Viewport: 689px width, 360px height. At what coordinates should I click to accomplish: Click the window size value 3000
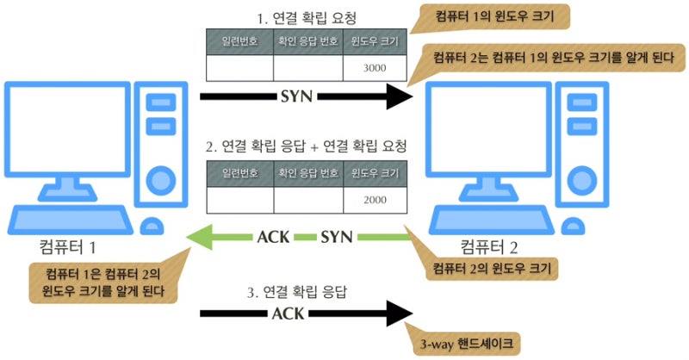(x=375, y=68)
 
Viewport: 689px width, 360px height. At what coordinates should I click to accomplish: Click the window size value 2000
(x=375, y=200)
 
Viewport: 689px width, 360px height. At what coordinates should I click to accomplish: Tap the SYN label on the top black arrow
(x=296, y=96)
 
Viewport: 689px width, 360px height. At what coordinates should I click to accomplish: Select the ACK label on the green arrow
(x=273, y=238)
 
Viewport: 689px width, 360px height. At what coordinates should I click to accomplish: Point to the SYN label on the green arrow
(x=337, y=238)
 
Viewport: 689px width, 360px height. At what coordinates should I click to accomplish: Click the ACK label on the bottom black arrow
(x=288, y=313)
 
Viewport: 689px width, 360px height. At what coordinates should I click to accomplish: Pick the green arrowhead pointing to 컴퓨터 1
(x=200, y=238)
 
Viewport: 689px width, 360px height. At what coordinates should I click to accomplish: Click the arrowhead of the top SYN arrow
(x=400, y=96)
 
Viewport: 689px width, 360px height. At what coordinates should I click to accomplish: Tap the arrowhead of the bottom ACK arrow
(x=400, y=313)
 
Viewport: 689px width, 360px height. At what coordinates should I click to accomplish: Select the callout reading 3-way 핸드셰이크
(x=466, y=344)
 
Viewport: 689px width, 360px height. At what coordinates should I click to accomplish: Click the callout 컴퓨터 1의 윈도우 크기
(x=493, y=17)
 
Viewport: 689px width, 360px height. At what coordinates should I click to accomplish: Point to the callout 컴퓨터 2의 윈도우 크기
(x=492, y=268)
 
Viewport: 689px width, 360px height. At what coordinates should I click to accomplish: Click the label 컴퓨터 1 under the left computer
(x=67, y=246)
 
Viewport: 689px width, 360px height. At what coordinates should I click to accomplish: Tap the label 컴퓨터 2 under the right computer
(x=488, y=246)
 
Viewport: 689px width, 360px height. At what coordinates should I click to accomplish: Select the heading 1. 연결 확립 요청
(x=307, y=18)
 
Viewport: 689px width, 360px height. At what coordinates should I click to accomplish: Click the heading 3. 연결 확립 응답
(x=297, y=291)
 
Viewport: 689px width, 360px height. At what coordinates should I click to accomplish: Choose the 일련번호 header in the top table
(x=240, y=41)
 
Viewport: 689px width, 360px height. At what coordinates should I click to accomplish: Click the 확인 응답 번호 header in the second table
(x=308, y=173)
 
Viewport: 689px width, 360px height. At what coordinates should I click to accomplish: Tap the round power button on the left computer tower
(x=161, y=181)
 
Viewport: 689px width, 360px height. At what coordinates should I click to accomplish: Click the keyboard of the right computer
(x=492, y=220)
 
